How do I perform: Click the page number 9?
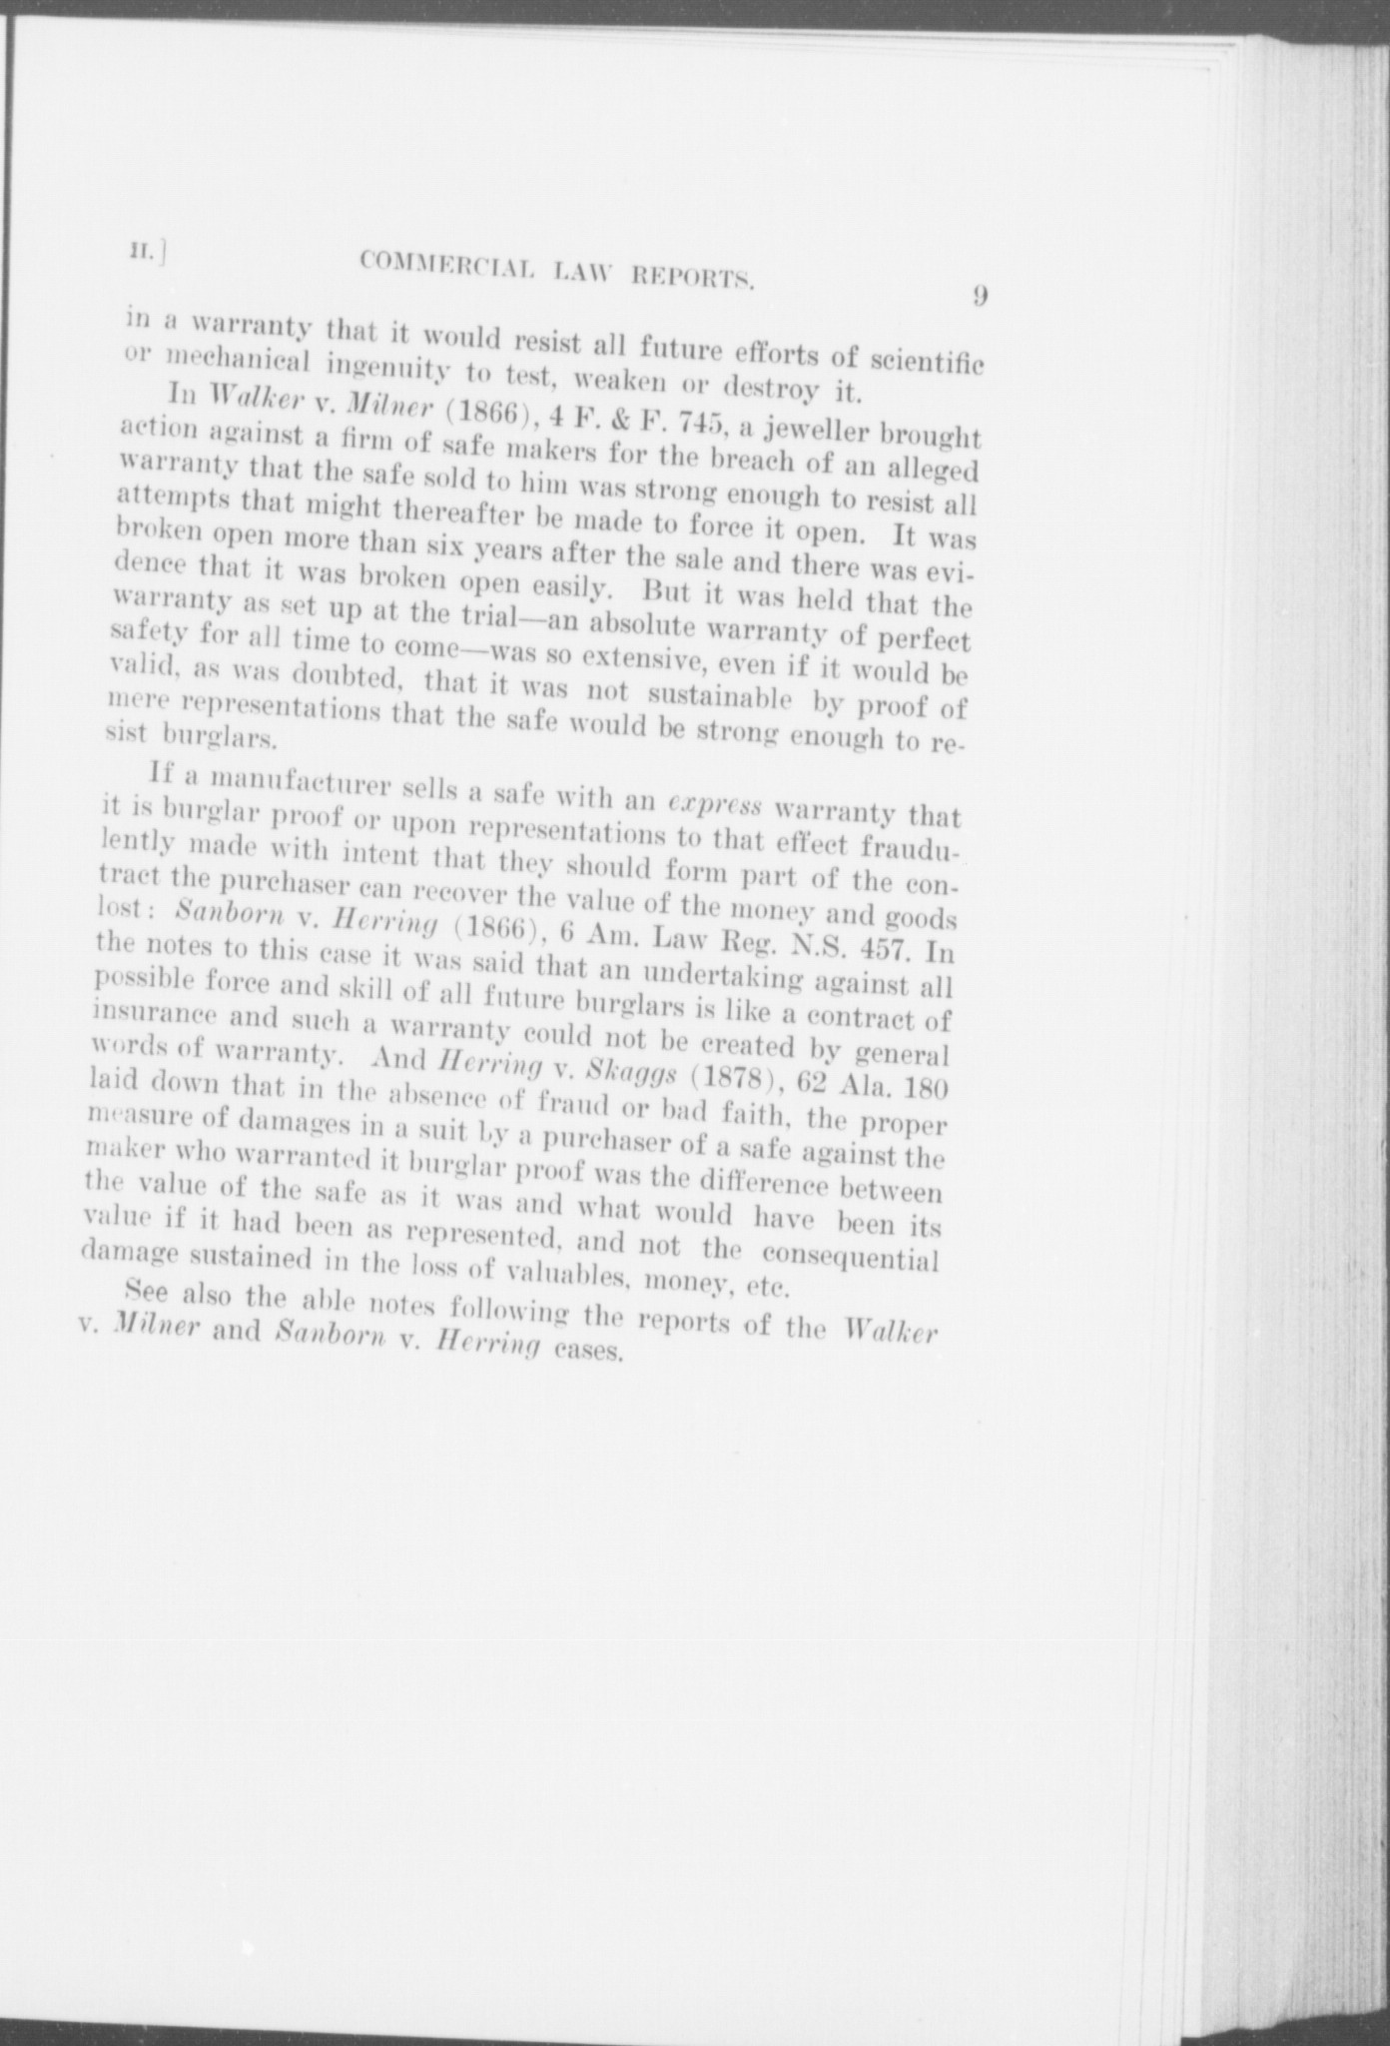click(979, 296)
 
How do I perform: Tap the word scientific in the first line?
click(929, 359)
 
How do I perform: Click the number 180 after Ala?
click(909, 1090)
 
